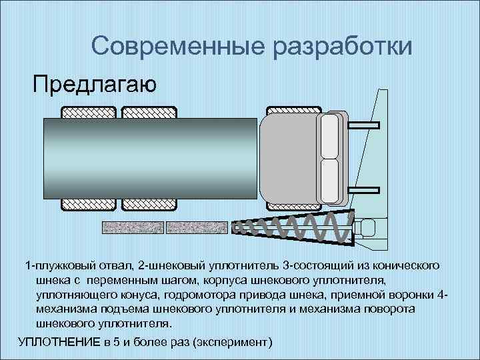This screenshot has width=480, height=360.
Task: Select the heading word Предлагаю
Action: (95, 85)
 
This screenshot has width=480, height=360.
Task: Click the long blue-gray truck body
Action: (150, 159)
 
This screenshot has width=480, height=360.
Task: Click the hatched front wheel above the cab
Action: (293, 111)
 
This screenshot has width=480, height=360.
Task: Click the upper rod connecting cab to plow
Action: (363, 125)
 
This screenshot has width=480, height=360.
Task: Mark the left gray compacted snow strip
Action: (133, 227)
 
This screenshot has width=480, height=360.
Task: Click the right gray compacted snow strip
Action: (197, 227)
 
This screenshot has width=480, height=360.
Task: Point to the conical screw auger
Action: (293, 227)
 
